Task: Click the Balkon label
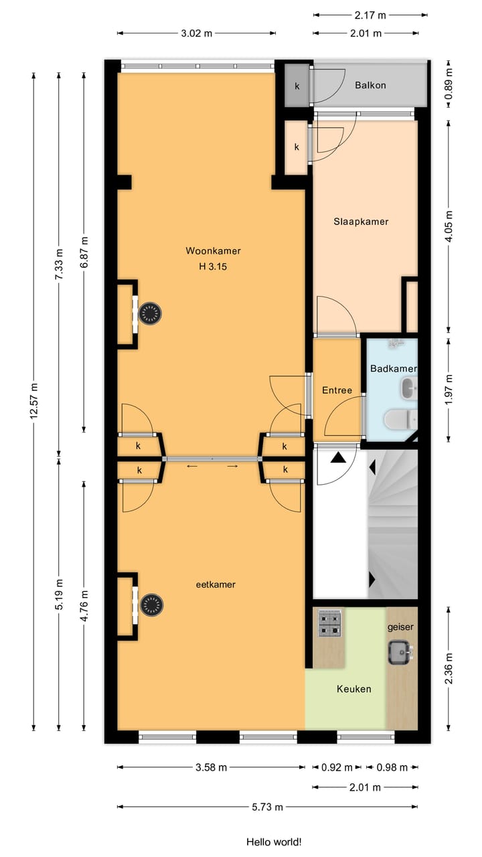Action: point(370,85)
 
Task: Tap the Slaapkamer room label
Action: point(361,222)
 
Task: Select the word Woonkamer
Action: point(213,251)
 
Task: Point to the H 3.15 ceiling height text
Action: point(213,266)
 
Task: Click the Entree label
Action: point(337,390)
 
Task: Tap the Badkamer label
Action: point(394,369)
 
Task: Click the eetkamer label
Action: point(216,585)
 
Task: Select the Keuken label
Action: point(354,689)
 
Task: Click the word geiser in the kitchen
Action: point(400,627)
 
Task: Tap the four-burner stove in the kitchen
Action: point(330,623)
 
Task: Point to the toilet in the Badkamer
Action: point(400,419)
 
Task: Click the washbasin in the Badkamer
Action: point(409,388)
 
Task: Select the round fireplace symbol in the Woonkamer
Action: point(150,314)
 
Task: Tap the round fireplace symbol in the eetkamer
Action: point(151,605)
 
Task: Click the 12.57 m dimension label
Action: point(34,400)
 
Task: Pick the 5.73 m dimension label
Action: point(267,807)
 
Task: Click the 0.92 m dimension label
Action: point(337,767)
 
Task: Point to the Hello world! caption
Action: point(274,842)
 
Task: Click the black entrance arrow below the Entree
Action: point(338,457)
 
